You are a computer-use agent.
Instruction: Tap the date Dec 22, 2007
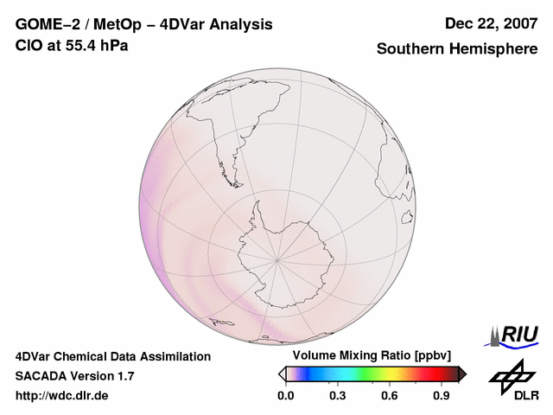490,24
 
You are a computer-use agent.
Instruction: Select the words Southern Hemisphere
456,49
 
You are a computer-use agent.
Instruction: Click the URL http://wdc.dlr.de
62,395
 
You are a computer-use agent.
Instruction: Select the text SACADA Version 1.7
74,376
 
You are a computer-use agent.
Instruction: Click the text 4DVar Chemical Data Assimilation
113,356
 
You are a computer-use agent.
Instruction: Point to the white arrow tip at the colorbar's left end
282,373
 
